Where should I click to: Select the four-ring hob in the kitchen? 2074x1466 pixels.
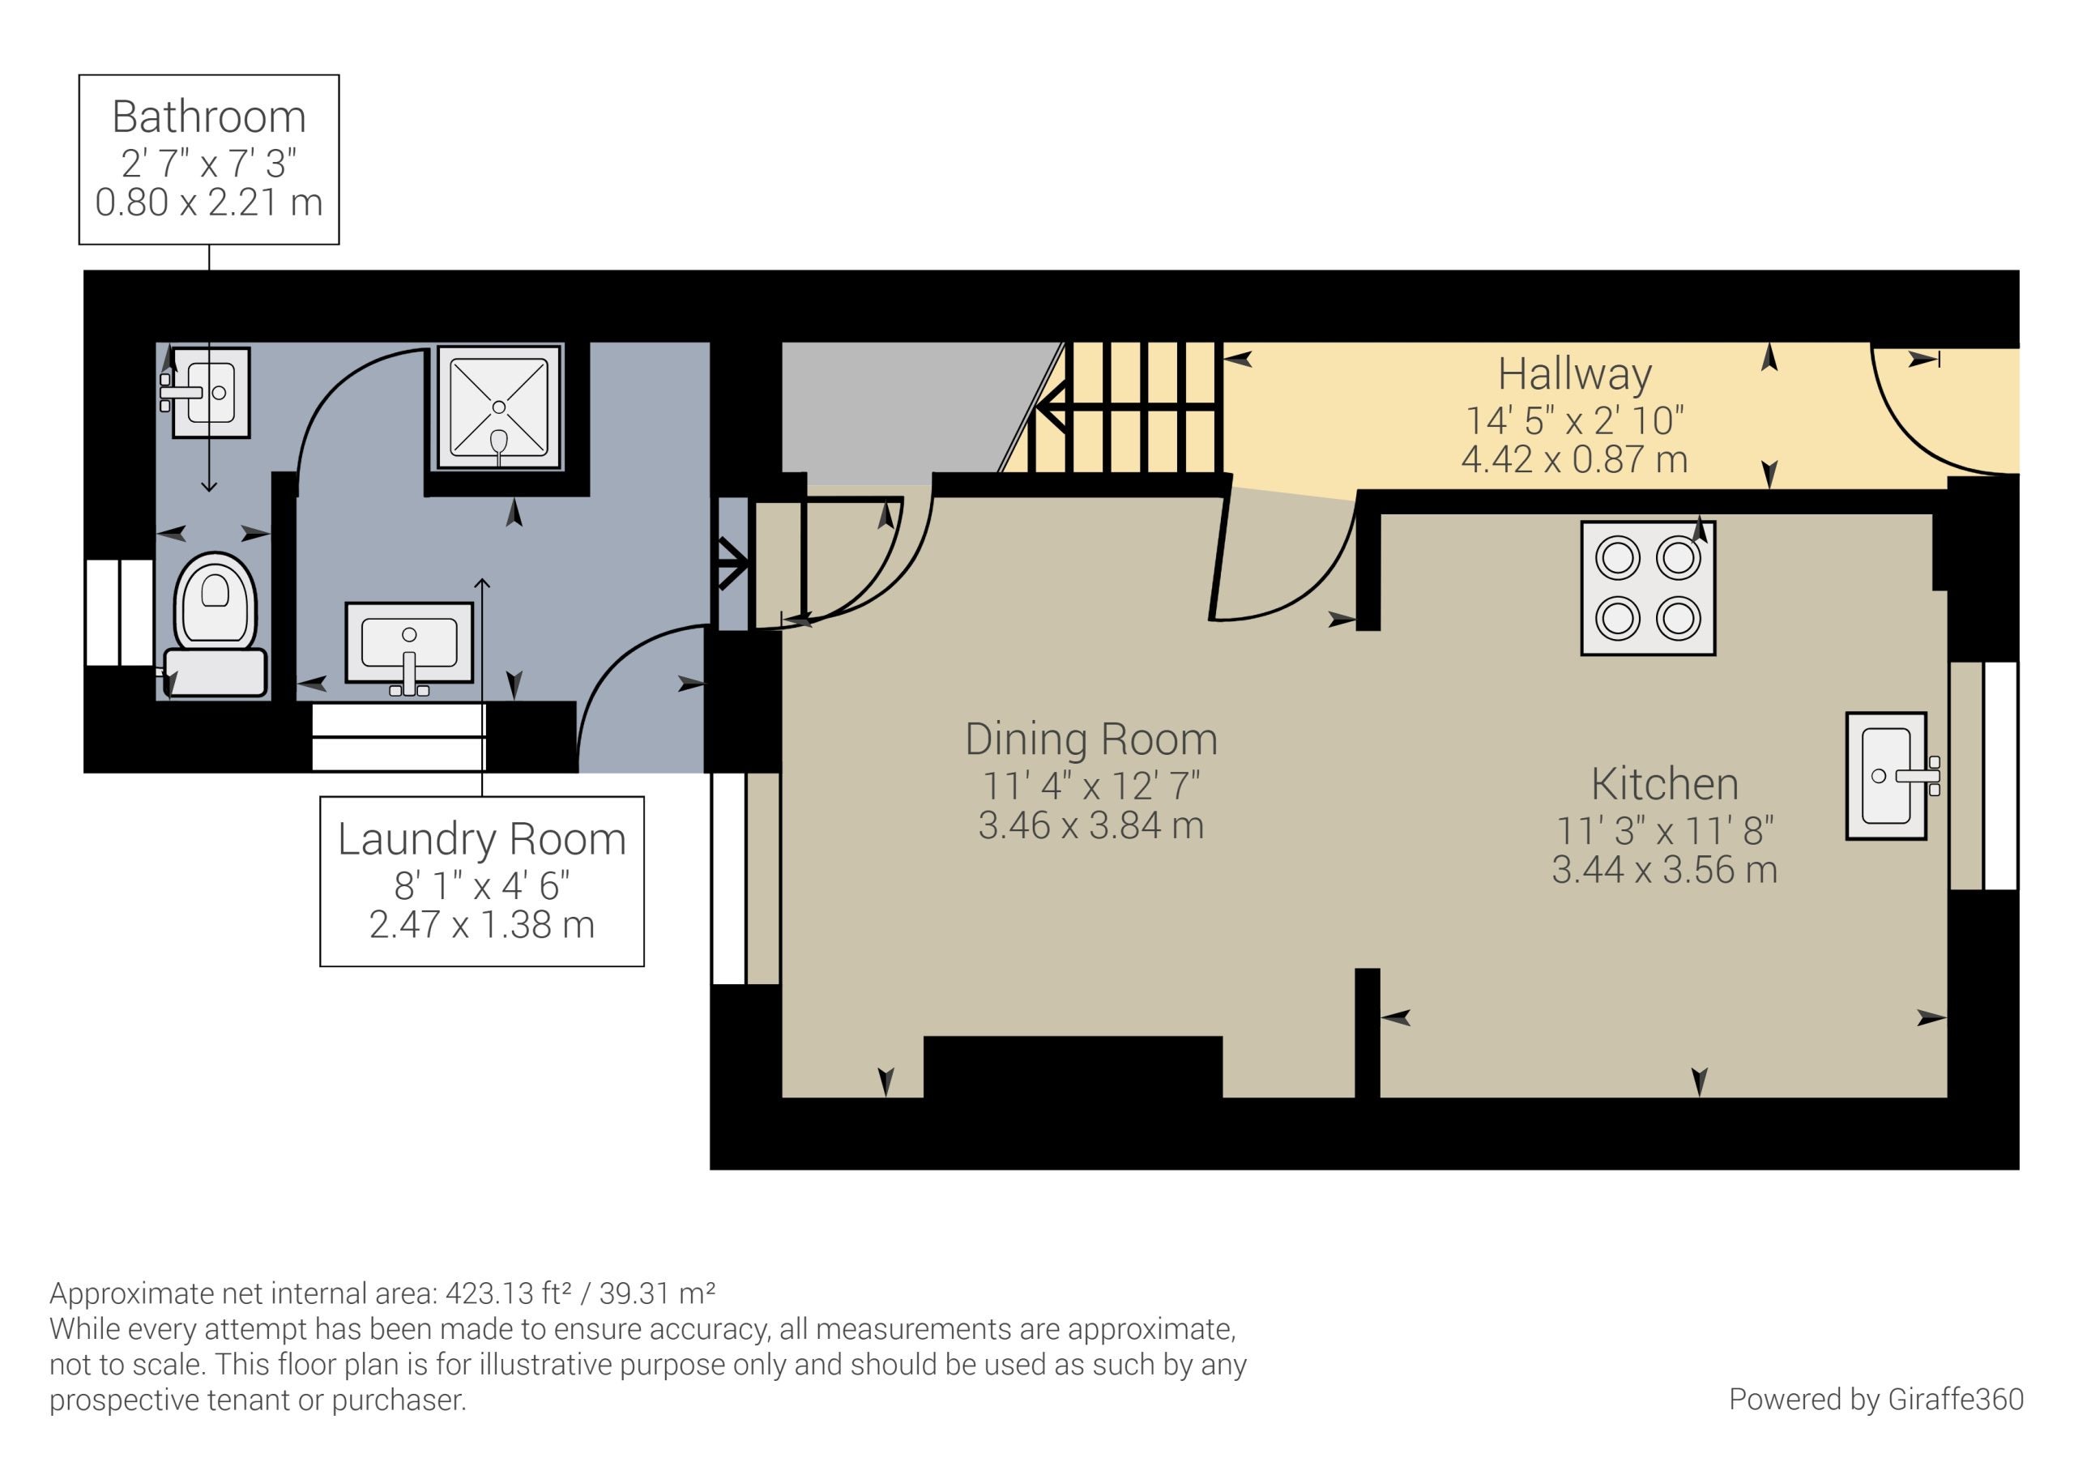(1648, 588)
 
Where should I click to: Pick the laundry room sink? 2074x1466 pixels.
(409, 646)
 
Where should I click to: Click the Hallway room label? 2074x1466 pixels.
(1574, 373)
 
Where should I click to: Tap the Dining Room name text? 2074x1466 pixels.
(1091, 738)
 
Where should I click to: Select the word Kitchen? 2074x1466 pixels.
(1665, 783)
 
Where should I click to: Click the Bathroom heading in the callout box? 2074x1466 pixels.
(209, 117)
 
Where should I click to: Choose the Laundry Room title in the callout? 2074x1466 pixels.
(481, 839)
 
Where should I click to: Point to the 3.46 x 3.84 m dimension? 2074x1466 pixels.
(1091, 825)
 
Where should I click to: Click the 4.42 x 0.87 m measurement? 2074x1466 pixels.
(1574, 460)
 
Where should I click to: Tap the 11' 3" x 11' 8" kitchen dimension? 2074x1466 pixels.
(1665, 830)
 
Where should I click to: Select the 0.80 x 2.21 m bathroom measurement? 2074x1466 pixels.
(209, 202)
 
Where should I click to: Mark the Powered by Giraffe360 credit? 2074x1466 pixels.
(1876, 1399)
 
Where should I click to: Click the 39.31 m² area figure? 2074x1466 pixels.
(658, 1293)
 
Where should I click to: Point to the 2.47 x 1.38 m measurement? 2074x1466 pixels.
(481, 925)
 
